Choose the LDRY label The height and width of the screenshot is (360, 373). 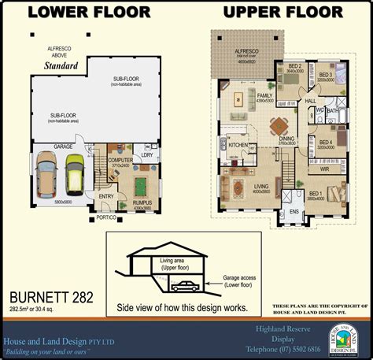click(x=147, y=154)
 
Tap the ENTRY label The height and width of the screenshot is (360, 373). click(x=105, y=197)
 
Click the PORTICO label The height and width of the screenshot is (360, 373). click(x=107, y=217)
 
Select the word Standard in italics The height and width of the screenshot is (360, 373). click(x=61, y=66)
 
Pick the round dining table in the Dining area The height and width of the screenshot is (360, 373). click(x=278, y=124)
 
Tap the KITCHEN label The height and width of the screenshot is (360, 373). click(x=238, y=146)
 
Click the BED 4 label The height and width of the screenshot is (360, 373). click(x=326, y=142)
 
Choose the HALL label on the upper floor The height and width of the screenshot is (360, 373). click(x=310, y=101)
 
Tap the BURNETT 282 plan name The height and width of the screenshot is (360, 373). click(x=51, y=297)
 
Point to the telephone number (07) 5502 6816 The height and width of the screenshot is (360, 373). click(x=295, y=348)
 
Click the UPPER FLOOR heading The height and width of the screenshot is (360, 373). click(x=283, y=12)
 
